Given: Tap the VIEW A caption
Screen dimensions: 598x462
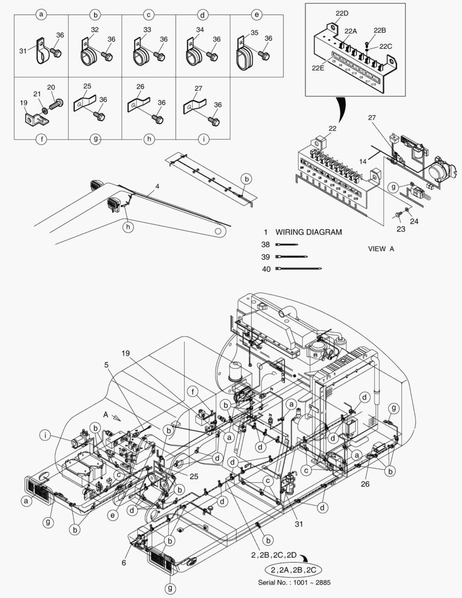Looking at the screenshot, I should pos(381,249).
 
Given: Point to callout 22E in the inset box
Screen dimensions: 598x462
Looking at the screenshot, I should pos(318,68).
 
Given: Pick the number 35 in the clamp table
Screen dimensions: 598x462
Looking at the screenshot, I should pos(254,33).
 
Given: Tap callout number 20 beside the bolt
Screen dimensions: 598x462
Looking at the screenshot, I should pos(51,87).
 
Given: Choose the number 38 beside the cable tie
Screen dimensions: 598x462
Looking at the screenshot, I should pos(266,244).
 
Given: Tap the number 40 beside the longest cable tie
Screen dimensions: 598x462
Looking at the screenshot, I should pos(266,269).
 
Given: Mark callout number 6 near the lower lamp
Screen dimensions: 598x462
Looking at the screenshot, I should pos(124,563).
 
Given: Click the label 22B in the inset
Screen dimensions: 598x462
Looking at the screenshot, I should pos(380,30).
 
